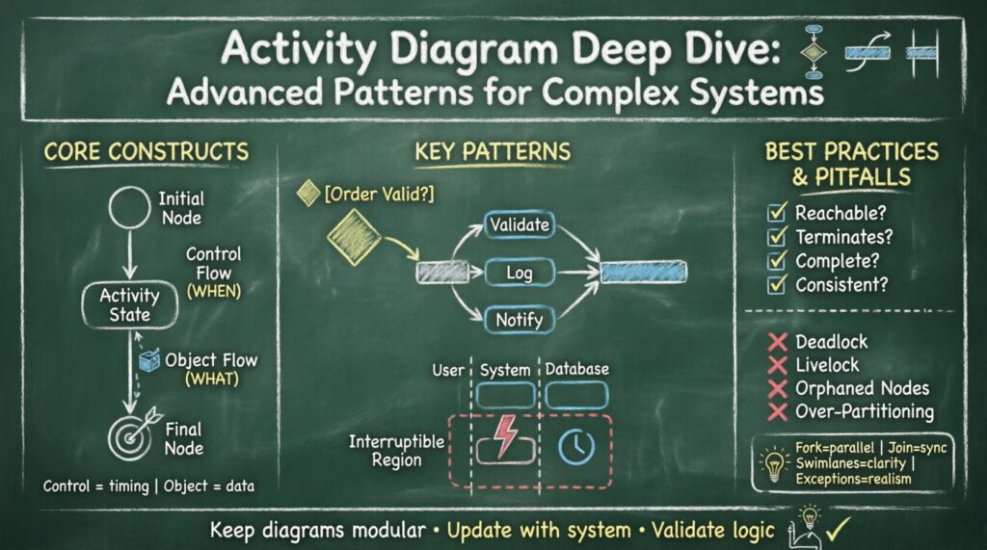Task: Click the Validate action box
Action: click(x=519, y=225)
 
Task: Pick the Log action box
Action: click(x=519, y=273)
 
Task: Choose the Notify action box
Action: click(x=519, y=319)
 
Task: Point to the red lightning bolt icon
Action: click(x=504, y=436)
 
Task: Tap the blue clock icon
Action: click(x=576, y=443)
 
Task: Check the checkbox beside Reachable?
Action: click(x=776, y=213)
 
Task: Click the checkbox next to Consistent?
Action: click(x=776, y=284)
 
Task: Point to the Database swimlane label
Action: click(x=577, y=369)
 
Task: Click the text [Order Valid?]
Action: click(x=379, y=194)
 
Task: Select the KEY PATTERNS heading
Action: click(x=492, y=151)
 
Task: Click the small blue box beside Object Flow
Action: click(x=148, y=360)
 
